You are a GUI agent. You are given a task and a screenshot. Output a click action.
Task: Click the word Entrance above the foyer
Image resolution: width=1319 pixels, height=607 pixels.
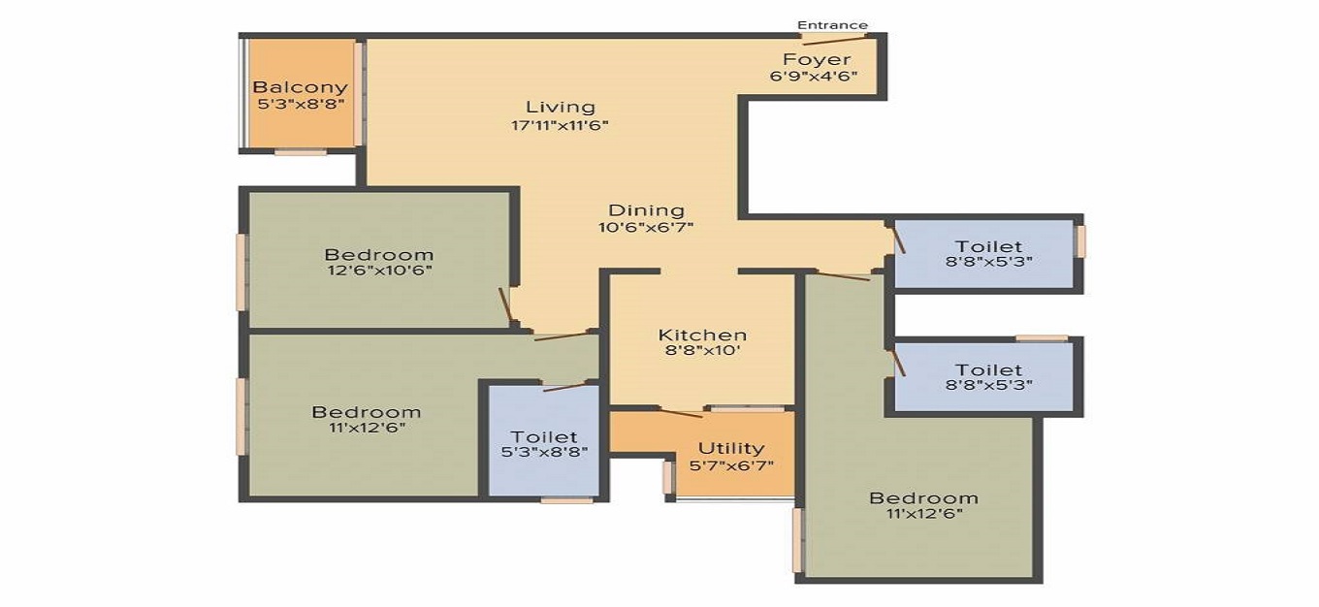pos(832,24)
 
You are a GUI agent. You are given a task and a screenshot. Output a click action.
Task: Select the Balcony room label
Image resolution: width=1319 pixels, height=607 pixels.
pos(300,87)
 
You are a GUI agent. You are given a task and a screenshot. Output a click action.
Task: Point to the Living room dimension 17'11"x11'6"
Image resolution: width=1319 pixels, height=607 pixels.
pos(561,124)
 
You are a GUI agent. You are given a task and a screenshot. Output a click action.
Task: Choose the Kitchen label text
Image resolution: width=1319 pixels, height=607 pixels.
pos(702,335)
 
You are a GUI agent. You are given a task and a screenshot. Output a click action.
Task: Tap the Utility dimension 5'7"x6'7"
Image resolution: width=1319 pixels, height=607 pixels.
pos(731,465)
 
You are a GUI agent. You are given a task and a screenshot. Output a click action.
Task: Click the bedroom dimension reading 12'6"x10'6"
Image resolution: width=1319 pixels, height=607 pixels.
pos(379,271)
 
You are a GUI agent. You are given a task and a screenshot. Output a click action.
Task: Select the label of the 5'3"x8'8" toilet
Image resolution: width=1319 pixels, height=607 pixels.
pos(544,437)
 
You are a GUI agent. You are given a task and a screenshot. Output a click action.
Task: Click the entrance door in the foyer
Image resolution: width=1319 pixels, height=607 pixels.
pos(834,40)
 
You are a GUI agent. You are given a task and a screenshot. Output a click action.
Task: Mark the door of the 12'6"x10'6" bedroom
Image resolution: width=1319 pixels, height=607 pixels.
pos(505,304)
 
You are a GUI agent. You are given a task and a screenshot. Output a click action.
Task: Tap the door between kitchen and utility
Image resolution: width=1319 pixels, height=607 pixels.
pos(681,413)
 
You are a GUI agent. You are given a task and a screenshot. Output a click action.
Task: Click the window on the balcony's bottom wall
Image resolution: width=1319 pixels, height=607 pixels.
pos(300,151)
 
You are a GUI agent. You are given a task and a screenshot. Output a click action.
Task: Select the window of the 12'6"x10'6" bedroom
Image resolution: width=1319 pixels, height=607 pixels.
pos(241,272)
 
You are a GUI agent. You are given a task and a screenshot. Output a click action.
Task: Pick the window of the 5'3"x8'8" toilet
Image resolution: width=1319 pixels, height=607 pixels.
pos(566,500)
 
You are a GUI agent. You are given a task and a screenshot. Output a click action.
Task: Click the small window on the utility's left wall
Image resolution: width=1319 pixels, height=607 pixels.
pos(667,477)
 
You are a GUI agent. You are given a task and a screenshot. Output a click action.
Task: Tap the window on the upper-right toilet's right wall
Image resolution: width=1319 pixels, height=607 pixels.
pos(1080,242)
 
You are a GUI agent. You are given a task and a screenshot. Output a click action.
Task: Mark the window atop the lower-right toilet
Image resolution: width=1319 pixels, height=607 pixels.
pos(1042,337)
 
